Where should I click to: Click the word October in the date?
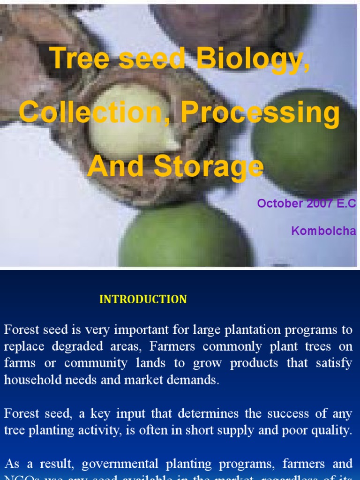pyautogui.click(x=280, y=203)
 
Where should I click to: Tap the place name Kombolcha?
pyautogui.click(x=323, y=231)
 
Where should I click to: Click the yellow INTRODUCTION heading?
pyautogui.click(x=143, y=300)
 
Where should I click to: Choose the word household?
pyautogui.click(x=30, y=380)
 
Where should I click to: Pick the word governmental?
pyautogui.click(x=120, y=464)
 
